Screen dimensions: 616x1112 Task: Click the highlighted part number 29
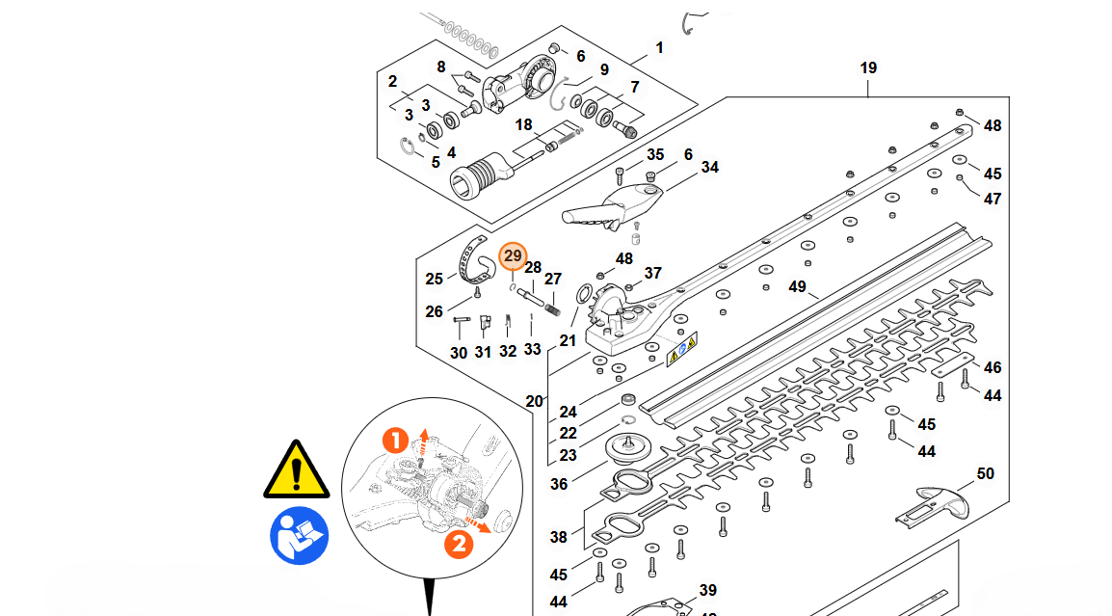(513, 256)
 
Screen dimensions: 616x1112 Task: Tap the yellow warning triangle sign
(298, 470)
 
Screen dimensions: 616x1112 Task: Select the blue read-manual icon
(299, 535)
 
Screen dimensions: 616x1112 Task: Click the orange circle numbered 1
(395, 442)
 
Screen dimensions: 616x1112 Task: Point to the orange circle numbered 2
(459, 544)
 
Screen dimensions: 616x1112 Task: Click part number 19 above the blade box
(868, 68)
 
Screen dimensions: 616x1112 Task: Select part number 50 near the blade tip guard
(985, 474)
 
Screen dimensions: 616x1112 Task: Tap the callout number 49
(796, 287)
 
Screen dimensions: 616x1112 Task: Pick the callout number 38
(559, 538)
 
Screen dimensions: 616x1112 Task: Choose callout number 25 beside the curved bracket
(435, 280)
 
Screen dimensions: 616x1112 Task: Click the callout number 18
(523, 125)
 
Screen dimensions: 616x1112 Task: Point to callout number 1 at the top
(659, 48)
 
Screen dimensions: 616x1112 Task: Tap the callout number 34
(709, 168)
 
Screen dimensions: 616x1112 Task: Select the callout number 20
(535, 401)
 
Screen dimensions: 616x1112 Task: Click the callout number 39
(708, 590)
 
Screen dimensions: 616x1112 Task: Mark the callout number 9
(604, 69)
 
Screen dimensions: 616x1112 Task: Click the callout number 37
(653, 273)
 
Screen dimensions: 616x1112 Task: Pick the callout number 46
(993, 367)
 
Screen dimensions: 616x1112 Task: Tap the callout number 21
(569, 340)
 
